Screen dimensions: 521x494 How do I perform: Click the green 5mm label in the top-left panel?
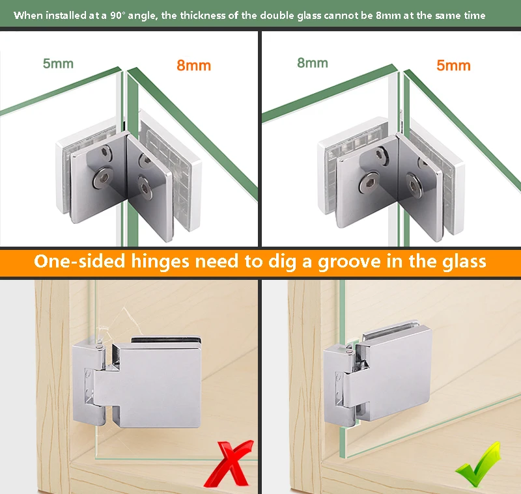58,63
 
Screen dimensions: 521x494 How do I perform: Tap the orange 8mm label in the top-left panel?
193,65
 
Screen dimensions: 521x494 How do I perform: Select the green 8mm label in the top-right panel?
313,62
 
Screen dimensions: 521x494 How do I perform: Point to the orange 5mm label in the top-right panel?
453,65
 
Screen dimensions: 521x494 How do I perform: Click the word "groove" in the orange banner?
350,262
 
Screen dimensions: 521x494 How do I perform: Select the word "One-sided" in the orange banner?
79,261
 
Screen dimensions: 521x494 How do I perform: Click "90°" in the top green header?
117,15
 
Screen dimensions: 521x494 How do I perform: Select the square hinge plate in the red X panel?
156,385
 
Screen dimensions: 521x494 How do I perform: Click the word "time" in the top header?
474,15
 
